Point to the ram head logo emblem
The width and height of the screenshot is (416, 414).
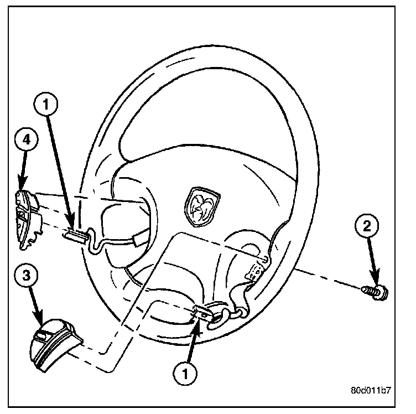click(x=203, y=206)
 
